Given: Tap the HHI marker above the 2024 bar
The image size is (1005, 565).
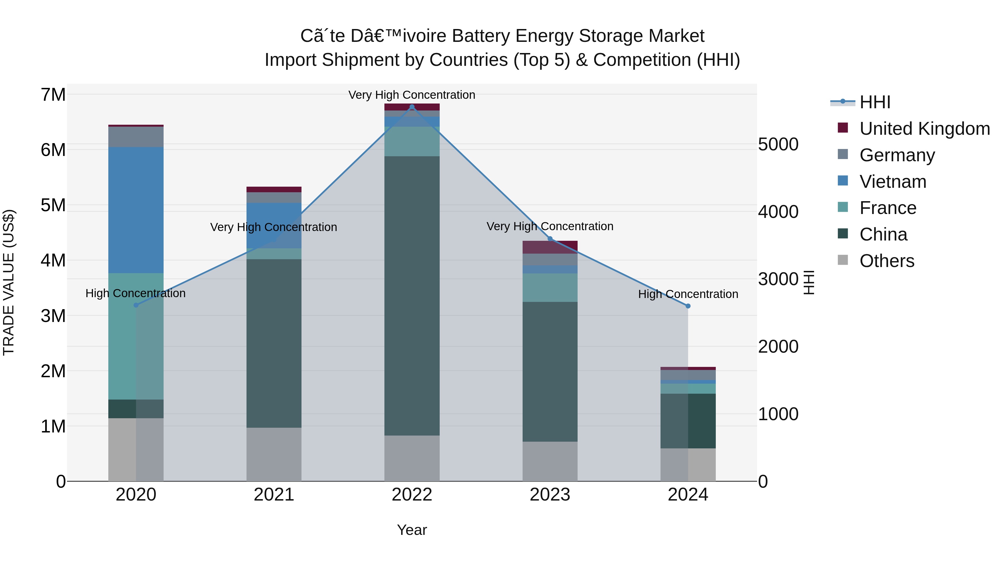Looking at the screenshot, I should pyautogui.click(x=688, y=306).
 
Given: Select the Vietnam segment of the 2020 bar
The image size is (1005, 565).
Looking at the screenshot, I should pyautogui.click(x=136, y=210).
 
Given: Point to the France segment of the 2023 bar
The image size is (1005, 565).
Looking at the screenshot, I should pyautogui.click(x=550, y=287).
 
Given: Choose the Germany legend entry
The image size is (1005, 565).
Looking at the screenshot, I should pyautogui.click(x=897, y=155).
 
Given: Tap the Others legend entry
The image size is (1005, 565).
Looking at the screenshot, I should pyautogui.click(x=886, y=261).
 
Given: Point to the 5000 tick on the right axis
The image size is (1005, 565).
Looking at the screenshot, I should pyautogui.click(x=778, y=145).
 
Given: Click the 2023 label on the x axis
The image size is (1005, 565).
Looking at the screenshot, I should pyautogui.click(x=550, y=495).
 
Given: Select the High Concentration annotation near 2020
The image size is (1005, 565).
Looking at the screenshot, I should pyautogui.click(x=135, y=293).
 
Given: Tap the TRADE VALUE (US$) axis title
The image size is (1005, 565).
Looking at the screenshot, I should pyautogui.click(x=9, y=282).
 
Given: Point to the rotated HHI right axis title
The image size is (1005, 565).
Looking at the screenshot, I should pyautogui.click(x=809, y=282).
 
